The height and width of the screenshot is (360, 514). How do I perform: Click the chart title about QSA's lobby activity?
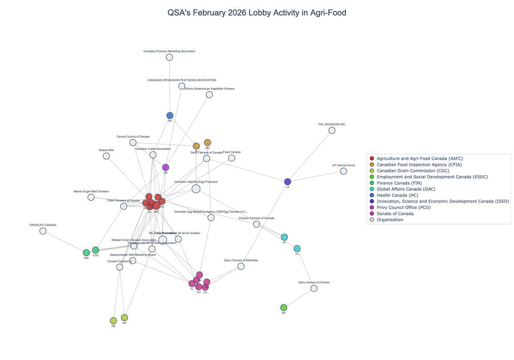tap(257, 13)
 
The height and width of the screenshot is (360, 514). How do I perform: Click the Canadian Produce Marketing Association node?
tap(169, 57)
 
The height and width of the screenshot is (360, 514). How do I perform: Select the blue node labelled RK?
tap(170, 115)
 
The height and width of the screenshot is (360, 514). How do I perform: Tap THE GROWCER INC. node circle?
tap(332, 130)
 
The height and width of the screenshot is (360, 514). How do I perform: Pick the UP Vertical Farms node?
tap(343, 171)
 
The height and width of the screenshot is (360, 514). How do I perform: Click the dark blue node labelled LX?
tap(287, 182)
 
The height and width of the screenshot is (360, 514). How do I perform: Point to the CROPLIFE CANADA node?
tap(43, 231)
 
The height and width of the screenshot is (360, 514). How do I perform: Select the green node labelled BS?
tap(284, 307)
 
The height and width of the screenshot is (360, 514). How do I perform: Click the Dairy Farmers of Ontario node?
tap(314, 288)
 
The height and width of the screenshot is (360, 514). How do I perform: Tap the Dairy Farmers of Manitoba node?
tap(241, 266)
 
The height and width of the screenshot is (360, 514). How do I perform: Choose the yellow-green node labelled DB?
tap(113, 321)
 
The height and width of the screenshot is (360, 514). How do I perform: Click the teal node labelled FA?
tap(297, 249)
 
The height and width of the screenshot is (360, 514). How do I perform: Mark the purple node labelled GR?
tap(165, 167)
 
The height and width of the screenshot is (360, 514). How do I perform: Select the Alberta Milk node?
tap(106, 156)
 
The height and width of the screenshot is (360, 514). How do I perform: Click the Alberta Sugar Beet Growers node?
tap(91, 197)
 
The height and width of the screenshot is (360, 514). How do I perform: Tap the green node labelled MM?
tap(86, 253)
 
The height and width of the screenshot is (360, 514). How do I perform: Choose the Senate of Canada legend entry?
tap(395, 213)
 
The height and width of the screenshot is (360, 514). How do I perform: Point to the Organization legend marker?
tap(371, 219)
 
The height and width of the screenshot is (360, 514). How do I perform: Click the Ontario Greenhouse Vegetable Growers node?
tap(209, 95)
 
